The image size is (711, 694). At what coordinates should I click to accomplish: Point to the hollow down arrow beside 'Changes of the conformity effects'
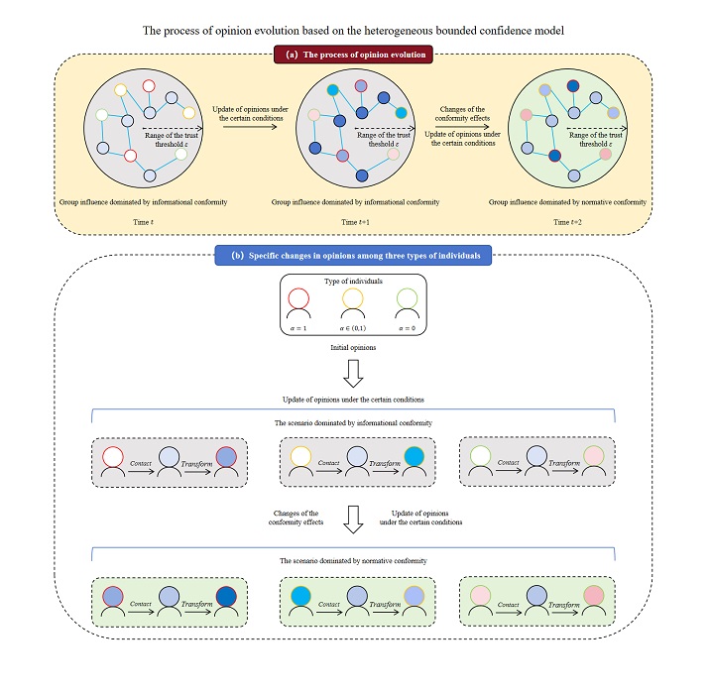point(354,519)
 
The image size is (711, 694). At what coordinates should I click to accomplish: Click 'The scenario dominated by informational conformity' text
point(354,420)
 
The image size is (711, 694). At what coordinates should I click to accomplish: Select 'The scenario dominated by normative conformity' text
point(354,561)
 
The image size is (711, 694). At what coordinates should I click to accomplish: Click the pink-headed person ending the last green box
point(593,597)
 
